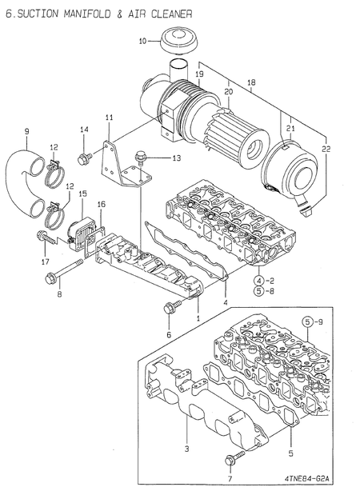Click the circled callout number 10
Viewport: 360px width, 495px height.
click(x=144, y=40)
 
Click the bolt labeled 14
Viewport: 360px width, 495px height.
click(x=83, y=158)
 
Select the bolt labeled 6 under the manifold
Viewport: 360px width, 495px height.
click(x=169, y=309)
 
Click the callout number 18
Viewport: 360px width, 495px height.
click(x=251, y=82)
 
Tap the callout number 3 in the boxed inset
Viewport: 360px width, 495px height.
click(x=186, y=449)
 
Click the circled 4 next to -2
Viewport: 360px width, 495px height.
click(x=259, y=281)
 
